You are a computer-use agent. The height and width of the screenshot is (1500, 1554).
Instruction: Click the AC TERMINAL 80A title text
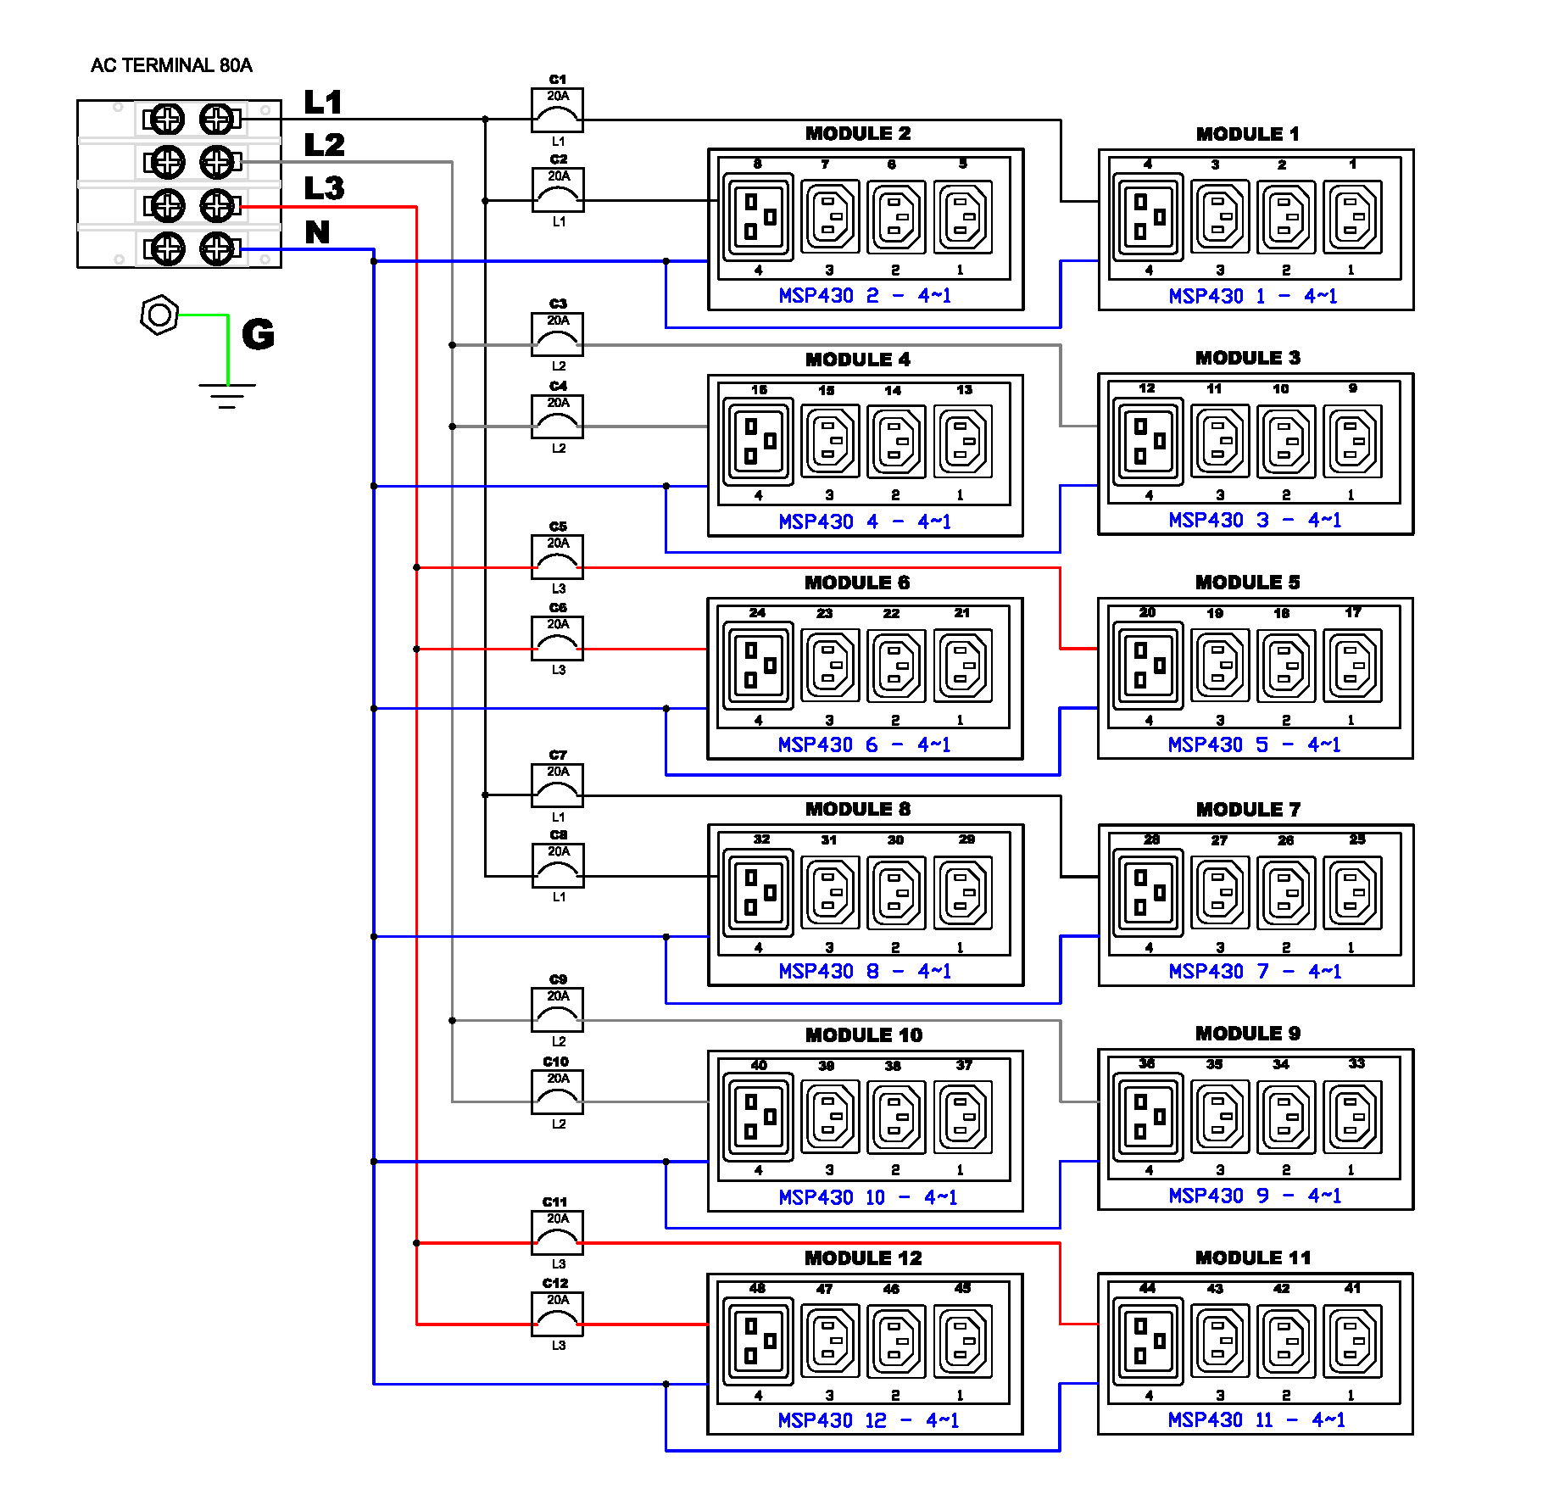pyautogui.click(x=171, y=65)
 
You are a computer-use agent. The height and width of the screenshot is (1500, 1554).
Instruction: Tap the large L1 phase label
pyautogui.click(x=323, y=103)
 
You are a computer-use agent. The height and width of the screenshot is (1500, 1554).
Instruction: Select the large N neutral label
pyautogui.click(x=317, y=231)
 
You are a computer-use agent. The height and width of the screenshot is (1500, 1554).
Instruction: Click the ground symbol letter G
pyautogui.click(x=258, y=334)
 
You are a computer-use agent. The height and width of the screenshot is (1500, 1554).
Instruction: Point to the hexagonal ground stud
pyautogui.click(x=159, y=315)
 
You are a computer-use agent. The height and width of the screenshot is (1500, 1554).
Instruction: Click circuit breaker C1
pyautogui.click(x=557, y=110)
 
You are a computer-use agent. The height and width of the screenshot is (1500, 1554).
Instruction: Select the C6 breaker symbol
pyautogui.click(x=557, y=638)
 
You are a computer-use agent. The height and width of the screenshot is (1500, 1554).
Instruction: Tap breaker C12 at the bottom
pyautogui.click(x=557, y=1313)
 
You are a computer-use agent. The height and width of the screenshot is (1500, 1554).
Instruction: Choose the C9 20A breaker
pyautogui.click(x=557, y=1009)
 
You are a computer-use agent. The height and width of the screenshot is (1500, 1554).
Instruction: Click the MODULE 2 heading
pyautogui.click(x=858, y=133)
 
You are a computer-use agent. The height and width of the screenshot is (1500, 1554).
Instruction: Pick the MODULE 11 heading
pyautogui.click(x=1252, y=1257)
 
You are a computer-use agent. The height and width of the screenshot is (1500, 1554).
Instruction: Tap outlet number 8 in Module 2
pyautogui.click(x=759, y=217)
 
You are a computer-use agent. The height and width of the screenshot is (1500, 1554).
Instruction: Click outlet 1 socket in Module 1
pyautogui.click(x=1353, y=217)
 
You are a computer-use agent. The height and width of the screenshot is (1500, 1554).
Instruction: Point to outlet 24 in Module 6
pyautogui.click(x=759, y=666)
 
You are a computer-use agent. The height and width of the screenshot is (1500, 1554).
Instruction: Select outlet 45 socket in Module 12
pyautogui.click(x=963, y=1341)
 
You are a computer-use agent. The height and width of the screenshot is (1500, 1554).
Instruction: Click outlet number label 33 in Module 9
pyautogui.click(x=1356, y=1063)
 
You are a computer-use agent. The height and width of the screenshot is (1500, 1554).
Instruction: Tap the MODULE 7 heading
pyautogui.click(x=1248, y=809)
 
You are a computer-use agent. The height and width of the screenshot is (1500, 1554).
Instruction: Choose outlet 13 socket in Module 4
pyautogui.click(x=963, y=442)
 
